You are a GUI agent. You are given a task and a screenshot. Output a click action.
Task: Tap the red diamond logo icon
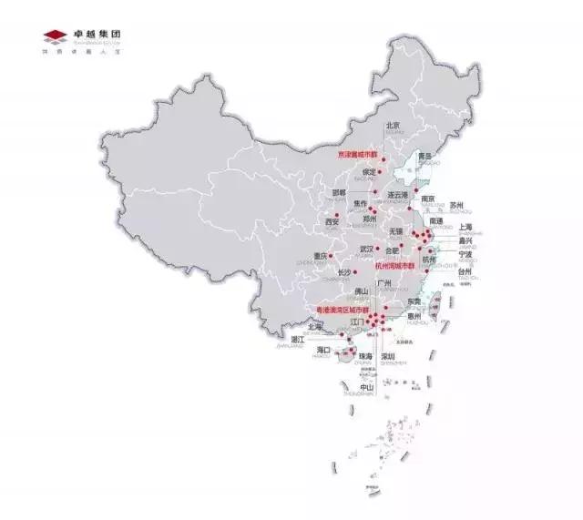[56, 36]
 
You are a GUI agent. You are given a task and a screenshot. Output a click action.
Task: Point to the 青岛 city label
[424, 156]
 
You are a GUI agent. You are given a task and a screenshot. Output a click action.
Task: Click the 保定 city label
[368, 171]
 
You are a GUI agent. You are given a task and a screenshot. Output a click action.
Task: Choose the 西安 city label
[332, 221]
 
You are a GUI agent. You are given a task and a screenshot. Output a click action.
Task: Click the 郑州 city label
[369, 219]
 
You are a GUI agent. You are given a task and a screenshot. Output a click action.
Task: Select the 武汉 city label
[366, 248]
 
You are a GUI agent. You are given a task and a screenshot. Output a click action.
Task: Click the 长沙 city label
[343, 271]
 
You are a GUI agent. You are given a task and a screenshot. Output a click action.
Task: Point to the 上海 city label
[465, 227]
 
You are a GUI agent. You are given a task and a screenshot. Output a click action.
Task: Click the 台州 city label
[465, 271]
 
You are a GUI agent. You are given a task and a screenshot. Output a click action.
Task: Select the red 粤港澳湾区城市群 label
[340, 310]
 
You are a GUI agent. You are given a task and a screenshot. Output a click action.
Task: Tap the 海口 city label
[322, 349]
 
